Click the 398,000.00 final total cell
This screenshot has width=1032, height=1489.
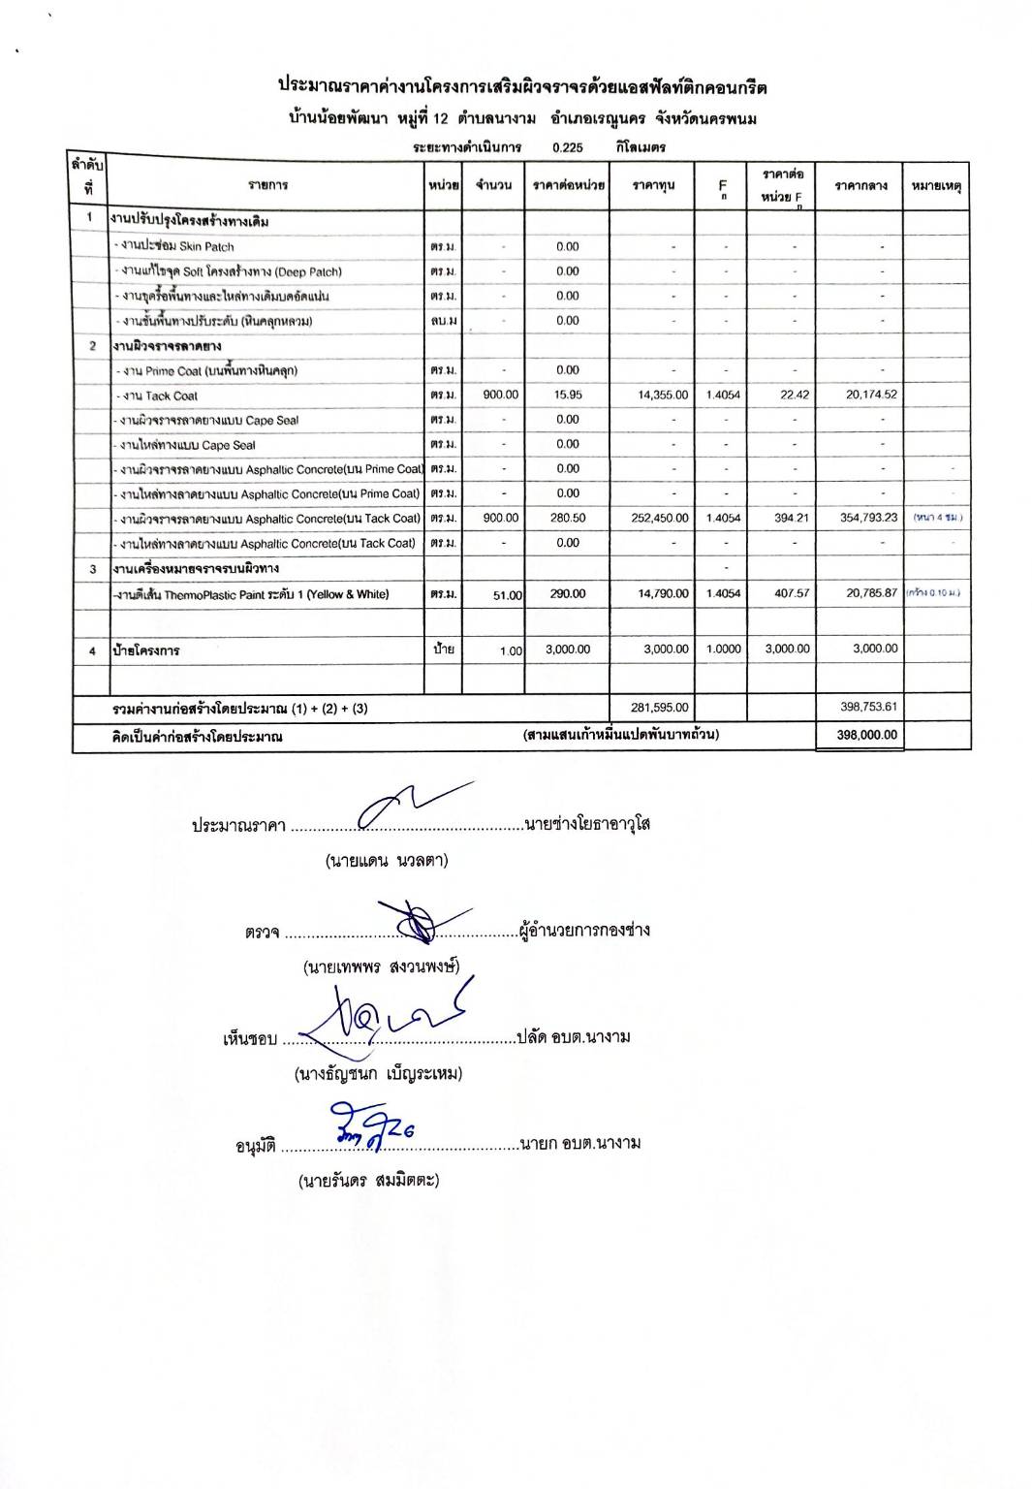[866, 735]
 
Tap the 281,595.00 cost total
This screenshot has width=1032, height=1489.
[663, 708]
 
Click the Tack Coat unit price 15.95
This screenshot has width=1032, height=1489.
[568, 395]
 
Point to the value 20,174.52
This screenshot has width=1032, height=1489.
[869, 395]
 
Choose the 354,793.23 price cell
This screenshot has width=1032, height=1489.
[868, 518]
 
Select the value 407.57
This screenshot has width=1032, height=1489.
[792, 593]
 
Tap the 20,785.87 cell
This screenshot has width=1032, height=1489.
[871, 593]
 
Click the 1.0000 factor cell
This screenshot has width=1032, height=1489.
[722, 649]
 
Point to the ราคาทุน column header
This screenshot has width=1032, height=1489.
[653, 185]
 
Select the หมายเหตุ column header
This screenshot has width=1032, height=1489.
[935, 185]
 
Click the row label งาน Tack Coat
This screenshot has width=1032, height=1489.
[160, 396]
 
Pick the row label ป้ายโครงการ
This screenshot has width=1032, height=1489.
[145, 650]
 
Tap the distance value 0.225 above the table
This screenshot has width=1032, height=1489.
[567, 148]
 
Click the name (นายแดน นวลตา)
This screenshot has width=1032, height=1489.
[387, 861]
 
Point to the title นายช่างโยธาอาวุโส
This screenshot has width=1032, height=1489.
[587, 825]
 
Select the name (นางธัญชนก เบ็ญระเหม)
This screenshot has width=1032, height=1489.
[378, 1074]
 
